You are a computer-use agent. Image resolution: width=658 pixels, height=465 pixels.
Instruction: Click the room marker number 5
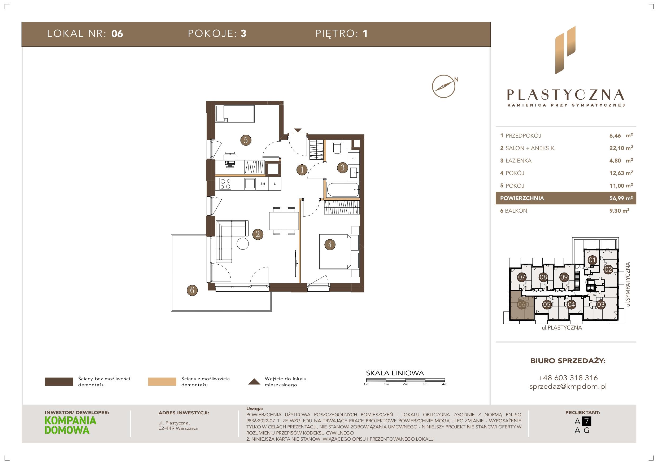[246, 140]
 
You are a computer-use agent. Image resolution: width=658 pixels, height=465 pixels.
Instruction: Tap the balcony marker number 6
[192, 290]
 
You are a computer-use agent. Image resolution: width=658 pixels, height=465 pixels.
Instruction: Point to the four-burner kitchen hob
[225, 184]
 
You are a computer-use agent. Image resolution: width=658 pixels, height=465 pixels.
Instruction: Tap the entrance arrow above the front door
[298, 130]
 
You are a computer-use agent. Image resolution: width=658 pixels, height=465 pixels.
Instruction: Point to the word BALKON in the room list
[516, 210]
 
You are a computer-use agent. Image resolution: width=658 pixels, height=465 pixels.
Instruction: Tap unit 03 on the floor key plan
[600, 305]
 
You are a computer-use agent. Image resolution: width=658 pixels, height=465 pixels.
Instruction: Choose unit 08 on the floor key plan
[543, 277]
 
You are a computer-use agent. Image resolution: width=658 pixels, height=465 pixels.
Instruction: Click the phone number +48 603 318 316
[568, 378]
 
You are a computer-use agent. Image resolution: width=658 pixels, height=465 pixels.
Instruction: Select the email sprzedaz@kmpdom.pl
[568, 387]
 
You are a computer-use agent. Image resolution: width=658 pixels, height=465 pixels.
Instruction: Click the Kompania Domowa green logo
[71, 425]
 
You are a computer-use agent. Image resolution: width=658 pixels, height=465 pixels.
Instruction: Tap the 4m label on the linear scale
[445, 384]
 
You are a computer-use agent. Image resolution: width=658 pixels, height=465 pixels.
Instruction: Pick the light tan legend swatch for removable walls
[162, 382]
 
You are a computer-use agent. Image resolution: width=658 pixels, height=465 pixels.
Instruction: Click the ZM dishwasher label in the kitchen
[263, 184]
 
